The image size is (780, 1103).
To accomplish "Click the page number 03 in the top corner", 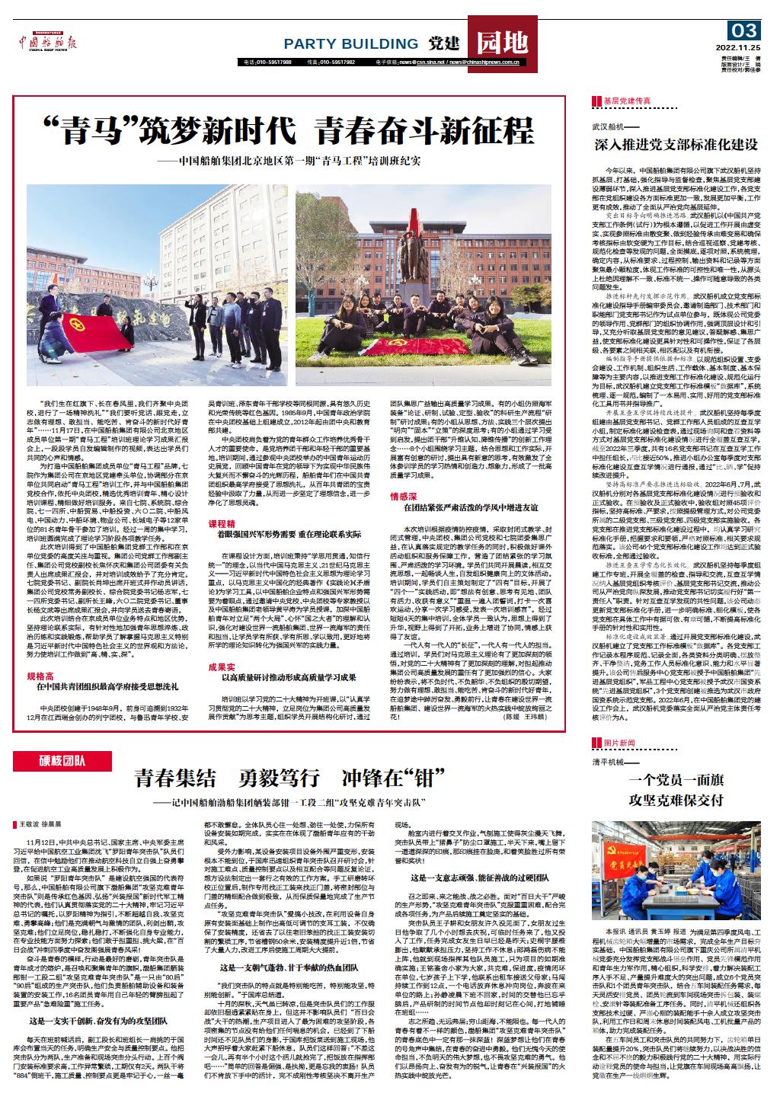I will (744, 31).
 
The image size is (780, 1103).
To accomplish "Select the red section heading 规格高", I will (42, 676).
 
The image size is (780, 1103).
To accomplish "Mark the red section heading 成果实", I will (223, 667).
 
